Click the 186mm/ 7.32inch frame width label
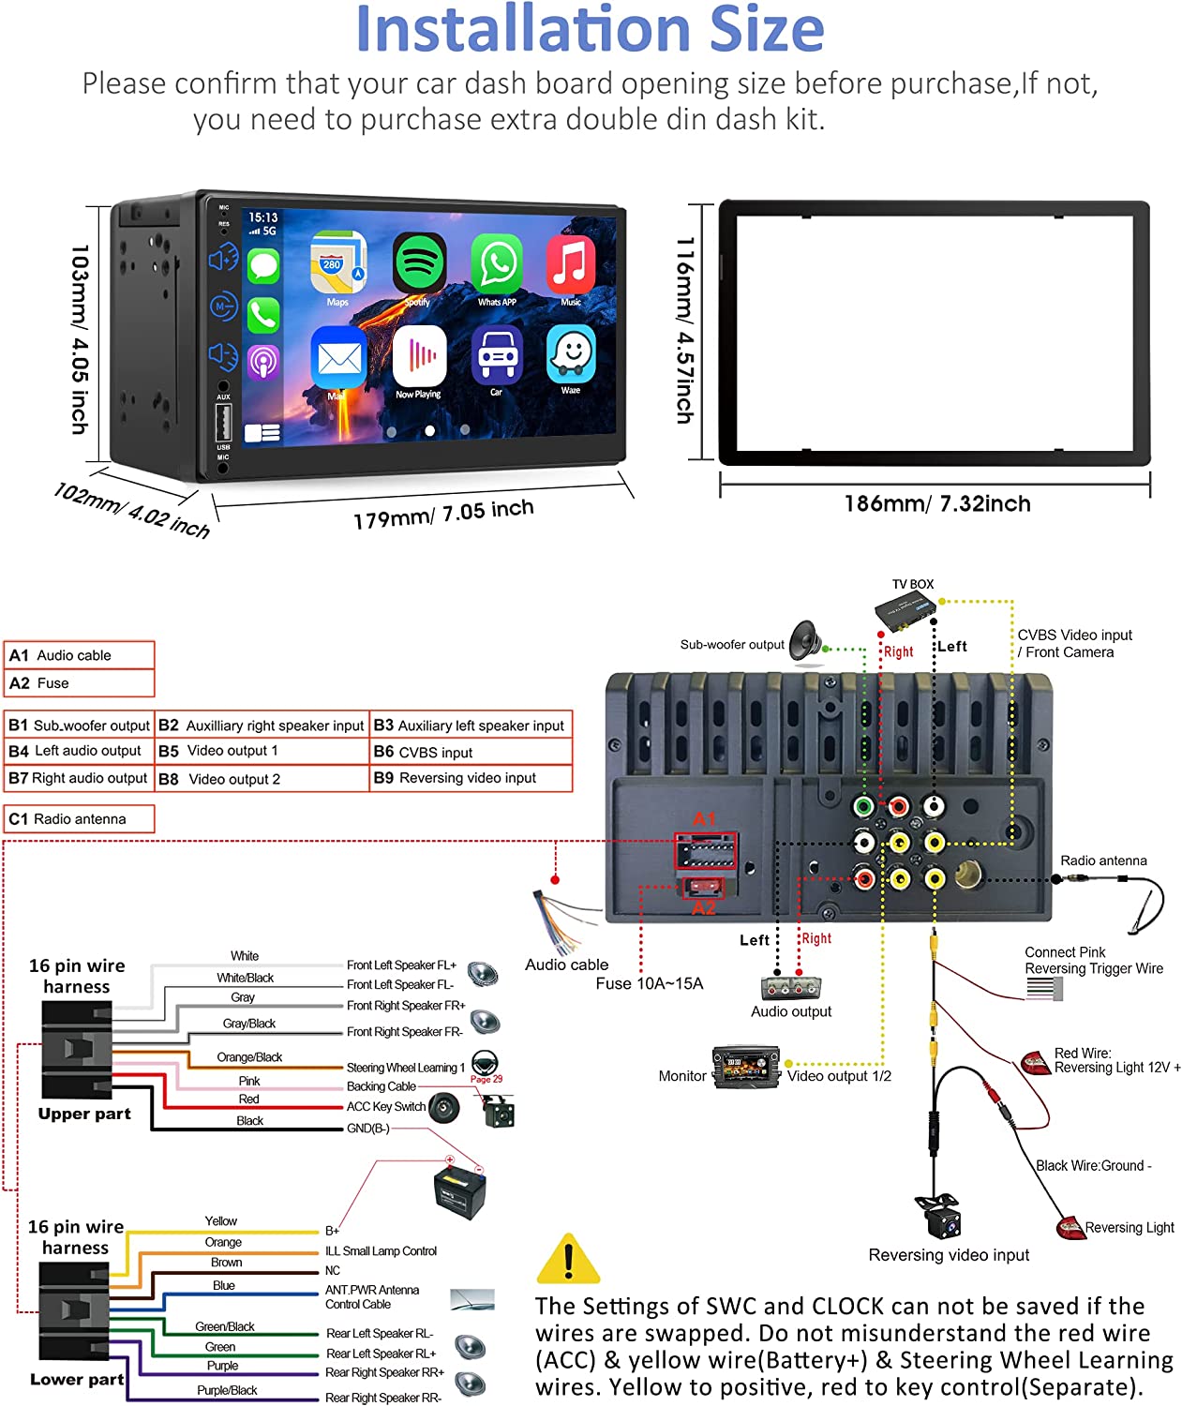tap(936, 504)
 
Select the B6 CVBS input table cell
tap(471, 752)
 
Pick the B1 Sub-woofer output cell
tap(80, 725)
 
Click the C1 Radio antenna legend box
tap(80, 819)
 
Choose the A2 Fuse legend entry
tap(80, 683)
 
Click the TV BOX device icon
tap(905, 613)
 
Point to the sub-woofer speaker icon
tap(805, 640)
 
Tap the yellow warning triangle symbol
tap(568, 1260)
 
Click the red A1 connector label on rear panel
tap(704, 819)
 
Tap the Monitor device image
tap(745, 1068)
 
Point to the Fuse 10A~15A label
tap(649, 983)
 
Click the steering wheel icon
tap(485, 1063)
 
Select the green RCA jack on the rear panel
tap(863, 806)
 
